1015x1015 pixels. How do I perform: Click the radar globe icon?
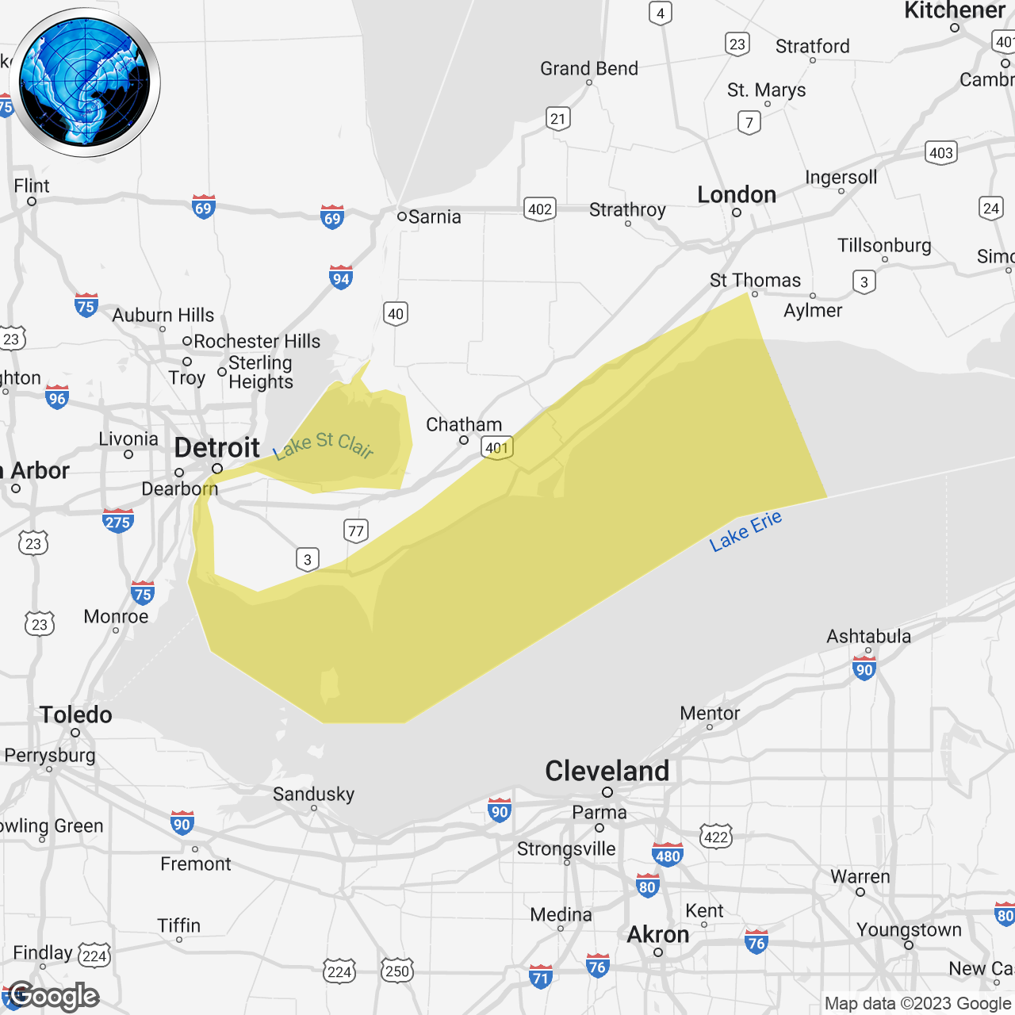85,82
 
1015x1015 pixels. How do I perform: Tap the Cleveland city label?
607,771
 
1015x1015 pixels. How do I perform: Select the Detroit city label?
216,448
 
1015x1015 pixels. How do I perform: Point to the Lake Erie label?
745,531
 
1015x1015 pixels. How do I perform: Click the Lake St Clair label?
324,445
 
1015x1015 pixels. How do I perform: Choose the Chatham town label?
464,425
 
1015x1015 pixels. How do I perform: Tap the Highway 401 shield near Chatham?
497,448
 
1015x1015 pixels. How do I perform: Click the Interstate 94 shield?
341,278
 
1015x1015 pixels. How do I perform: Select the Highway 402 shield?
540,209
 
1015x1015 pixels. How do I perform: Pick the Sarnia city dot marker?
402,216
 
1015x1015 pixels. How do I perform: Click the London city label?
737,195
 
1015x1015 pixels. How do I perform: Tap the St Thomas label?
755,281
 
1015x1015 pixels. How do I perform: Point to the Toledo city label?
76,715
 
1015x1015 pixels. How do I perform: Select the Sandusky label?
313,795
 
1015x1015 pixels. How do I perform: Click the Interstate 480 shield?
668,856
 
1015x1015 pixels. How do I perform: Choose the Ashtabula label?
868,637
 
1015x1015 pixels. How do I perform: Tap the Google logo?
54,996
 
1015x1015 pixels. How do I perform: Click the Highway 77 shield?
356,531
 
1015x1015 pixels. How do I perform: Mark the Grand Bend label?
589,69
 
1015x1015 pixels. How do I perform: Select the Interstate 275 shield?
117,521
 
